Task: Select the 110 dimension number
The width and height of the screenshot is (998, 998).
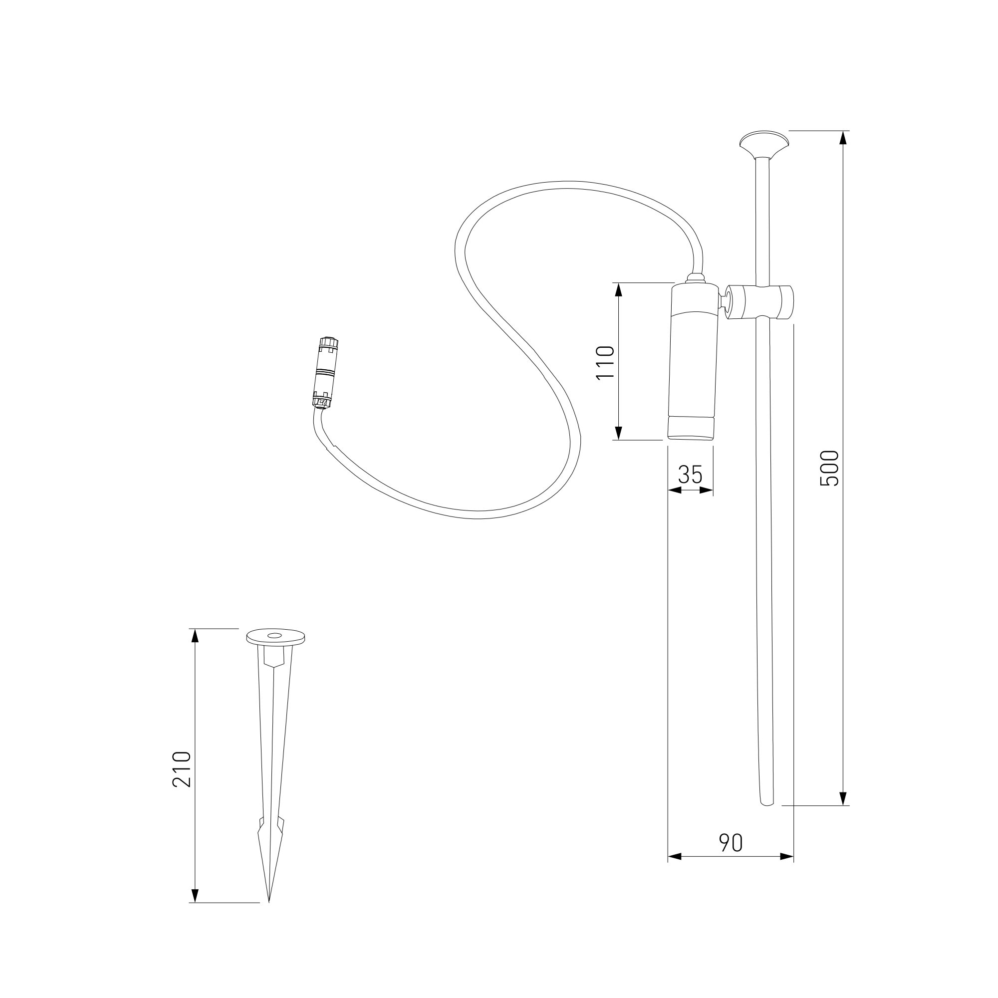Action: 605,363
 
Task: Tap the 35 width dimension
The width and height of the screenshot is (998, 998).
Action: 691,474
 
